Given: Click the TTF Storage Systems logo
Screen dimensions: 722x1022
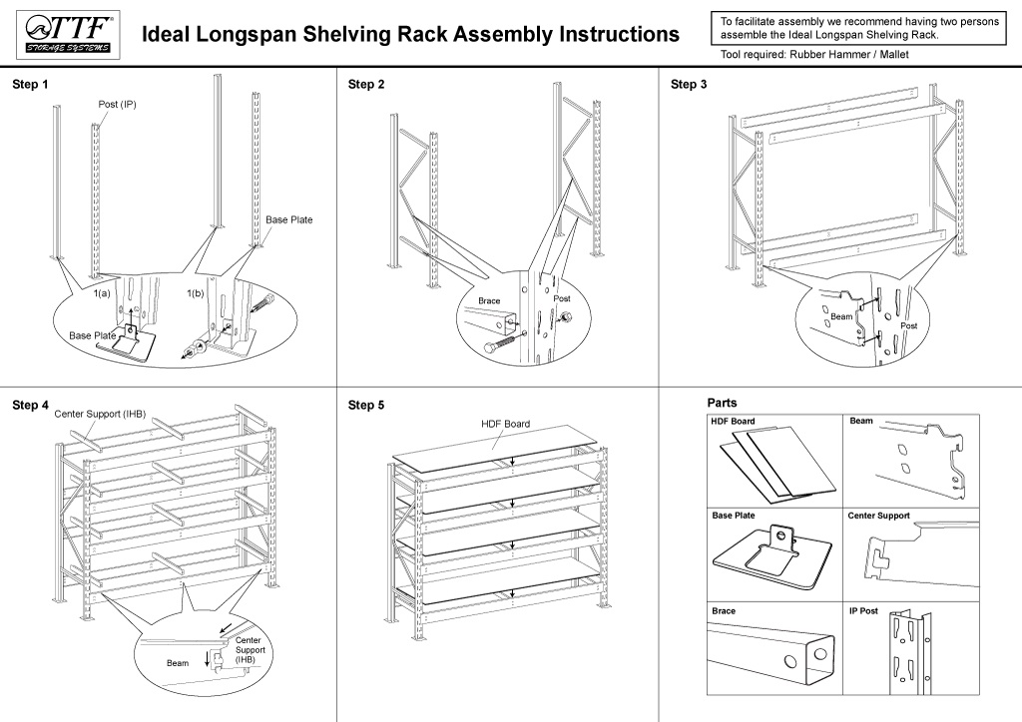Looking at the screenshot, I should click(x=67, y=35).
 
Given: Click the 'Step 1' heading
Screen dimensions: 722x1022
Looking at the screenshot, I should click(x=30, y=85).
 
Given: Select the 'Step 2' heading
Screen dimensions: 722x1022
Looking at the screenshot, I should click(x=366, y=85).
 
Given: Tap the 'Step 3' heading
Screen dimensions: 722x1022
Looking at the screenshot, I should click(x=689, y=85).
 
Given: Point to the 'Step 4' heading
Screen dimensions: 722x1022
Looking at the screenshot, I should click(x=30, y=405).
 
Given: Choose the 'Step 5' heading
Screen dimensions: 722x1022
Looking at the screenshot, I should click(x=366, y=405).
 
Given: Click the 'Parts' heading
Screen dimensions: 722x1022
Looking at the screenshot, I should click(x=722, y=403).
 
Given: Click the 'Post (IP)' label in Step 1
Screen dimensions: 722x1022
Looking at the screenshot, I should click(x=117, y=105).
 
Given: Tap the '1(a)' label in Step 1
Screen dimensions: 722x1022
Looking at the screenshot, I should click(x=102, y=294).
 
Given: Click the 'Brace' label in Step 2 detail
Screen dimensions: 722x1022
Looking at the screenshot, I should click(x=489, y=300).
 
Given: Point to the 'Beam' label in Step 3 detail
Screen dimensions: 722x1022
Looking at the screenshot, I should click(x=841, y=316).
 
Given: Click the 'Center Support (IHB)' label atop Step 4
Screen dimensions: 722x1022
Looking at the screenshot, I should click(x=100, y=413).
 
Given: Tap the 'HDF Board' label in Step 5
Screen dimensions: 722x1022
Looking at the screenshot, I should click(x=505, y=424).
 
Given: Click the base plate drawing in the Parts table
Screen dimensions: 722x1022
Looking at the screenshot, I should click(x=770, y=556).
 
